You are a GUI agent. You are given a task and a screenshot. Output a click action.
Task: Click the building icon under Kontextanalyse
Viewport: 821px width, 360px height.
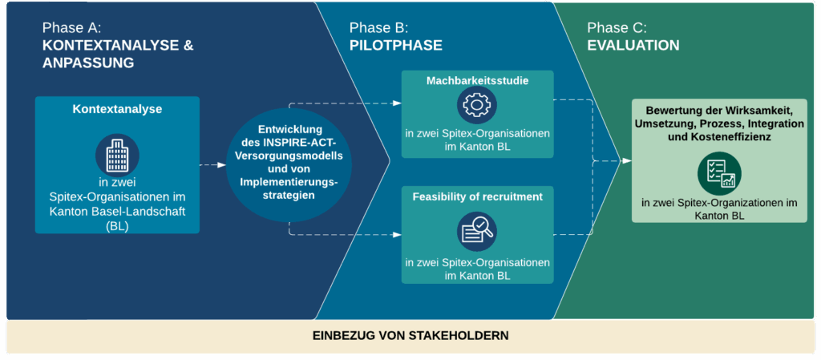point(117,154)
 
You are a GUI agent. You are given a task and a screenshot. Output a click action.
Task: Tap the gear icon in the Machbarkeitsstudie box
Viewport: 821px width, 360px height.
point(477,103)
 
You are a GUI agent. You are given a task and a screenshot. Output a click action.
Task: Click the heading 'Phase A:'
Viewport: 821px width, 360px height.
point(72,28)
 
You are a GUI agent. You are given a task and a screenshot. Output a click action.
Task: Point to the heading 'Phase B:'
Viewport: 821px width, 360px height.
point(378,28)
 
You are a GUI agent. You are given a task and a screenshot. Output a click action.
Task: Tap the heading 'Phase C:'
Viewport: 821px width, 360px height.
point(617,28)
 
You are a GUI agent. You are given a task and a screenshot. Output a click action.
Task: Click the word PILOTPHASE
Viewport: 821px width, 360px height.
point(395,46)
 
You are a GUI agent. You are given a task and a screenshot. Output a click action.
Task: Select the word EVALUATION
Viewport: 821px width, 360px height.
point(633,46)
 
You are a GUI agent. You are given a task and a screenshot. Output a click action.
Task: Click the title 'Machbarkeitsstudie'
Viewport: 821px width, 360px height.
point(477,80)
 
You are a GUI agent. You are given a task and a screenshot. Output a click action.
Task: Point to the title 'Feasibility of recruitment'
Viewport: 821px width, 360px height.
point(477,196)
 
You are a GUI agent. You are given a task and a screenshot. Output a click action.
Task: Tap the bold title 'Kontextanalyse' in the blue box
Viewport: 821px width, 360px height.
point(117,109)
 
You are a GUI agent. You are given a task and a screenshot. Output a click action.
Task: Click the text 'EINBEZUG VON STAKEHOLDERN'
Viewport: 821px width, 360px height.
point(410,335)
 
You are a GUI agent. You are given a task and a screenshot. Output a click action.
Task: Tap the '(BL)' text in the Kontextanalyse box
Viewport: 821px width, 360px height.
point(117,225)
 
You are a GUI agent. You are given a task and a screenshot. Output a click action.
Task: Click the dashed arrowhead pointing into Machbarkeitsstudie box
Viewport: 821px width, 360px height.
point(397,103)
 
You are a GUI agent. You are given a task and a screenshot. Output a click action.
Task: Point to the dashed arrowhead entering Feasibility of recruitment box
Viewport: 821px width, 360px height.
point(397,235)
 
